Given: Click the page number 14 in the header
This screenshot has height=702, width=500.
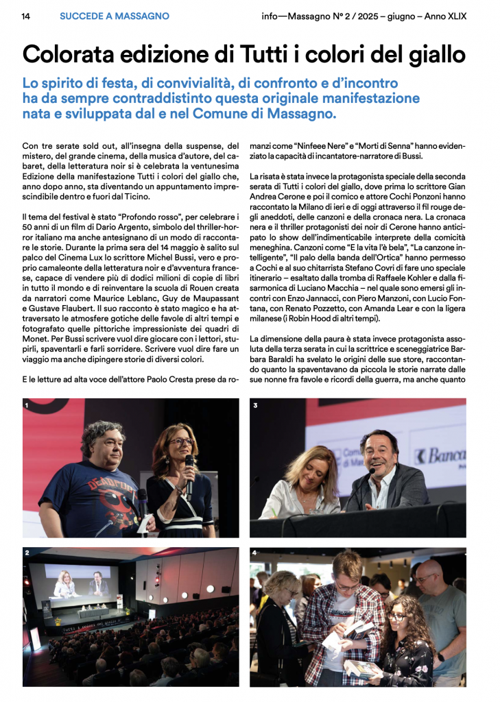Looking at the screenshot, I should point(25,16).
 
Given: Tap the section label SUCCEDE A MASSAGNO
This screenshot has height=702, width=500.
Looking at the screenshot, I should point(114,16).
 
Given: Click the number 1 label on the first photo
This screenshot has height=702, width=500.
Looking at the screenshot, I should point(27,406).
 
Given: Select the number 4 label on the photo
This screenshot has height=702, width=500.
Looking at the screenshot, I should point(254,553).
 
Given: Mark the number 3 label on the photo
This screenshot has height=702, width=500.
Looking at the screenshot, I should point(254,406).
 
